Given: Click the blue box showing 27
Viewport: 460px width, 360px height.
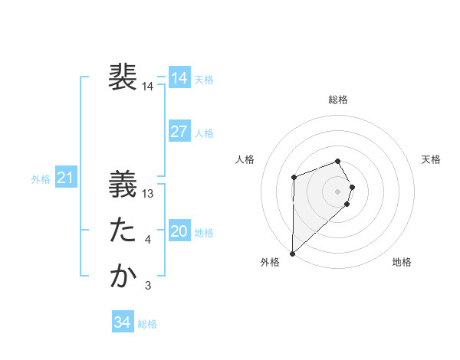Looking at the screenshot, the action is coord(179,131).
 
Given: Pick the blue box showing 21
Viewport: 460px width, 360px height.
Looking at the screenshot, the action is coord(65,178).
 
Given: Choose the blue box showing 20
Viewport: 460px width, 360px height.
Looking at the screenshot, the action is coord(179,231).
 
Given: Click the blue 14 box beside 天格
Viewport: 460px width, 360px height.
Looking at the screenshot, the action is coord(179,77).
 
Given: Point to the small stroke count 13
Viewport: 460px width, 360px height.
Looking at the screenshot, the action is coord(149,194).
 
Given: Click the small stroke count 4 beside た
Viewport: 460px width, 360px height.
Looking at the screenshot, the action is coord(148,240).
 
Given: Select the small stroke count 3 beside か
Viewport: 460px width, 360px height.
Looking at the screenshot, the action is coord(148,286).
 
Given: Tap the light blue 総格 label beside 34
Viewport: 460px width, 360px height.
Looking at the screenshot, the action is coord(147,324).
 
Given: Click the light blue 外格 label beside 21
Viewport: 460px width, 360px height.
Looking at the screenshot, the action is coord(41,179).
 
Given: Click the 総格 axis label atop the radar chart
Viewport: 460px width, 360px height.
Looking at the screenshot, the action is coord(338,100).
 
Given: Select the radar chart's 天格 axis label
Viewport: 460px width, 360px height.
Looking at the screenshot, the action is coord(431,159).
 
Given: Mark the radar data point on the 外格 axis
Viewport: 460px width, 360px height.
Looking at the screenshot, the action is coord(292,253).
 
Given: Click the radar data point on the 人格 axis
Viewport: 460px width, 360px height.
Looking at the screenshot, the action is coord(294,178).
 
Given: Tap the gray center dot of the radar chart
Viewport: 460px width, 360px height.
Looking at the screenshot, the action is coord(338,191).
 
